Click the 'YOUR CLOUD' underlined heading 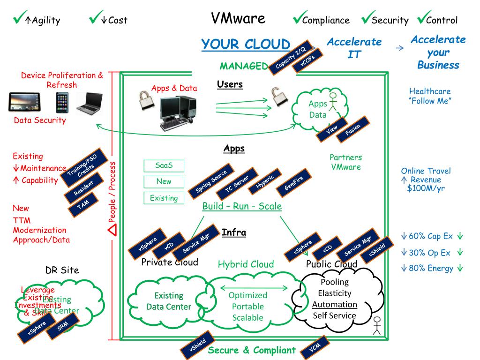(246, 45)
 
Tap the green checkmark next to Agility (19, 18)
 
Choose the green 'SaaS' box (164, 165)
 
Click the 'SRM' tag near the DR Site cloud (64, 328)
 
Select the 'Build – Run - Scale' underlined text (242, 206)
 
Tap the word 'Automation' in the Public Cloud (335, 304)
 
